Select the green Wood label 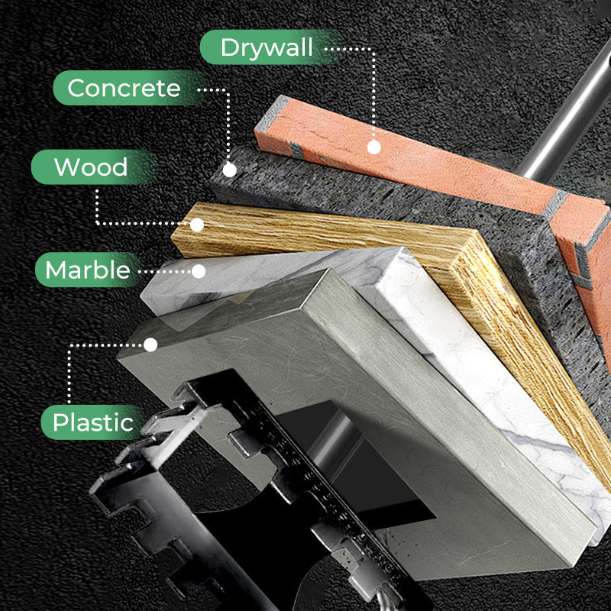(x=92, y=167)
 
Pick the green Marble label (x=86, y=270)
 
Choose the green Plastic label (x=92, y=422)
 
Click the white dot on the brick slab (x=373, y=147)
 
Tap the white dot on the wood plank (x=197, y=225)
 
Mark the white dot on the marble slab (x=199, y=270)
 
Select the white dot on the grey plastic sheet (x=150, y=345)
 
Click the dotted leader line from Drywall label (x=372, y=92)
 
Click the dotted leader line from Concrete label (x=228, y=122)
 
